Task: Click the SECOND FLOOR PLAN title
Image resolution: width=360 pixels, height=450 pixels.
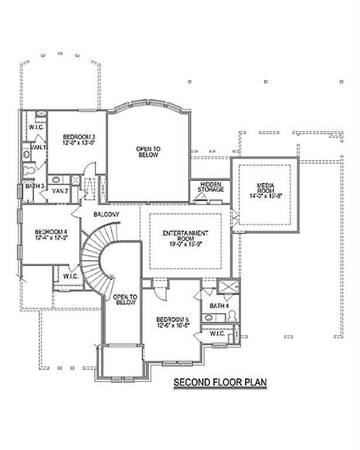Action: click(220, 383)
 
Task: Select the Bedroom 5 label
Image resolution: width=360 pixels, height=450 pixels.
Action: click(171, 320)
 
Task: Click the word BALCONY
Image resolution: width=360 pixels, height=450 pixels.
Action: click(106, 215)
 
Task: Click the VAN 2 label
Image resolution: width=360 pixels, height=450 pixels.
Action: click(60, 191)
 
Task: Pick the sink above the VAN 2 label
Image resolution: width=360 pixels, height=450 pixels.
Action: click(56, 180)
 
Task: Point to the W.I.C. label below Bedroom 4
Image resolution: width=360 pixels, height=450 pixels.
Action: click(70, 276)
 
